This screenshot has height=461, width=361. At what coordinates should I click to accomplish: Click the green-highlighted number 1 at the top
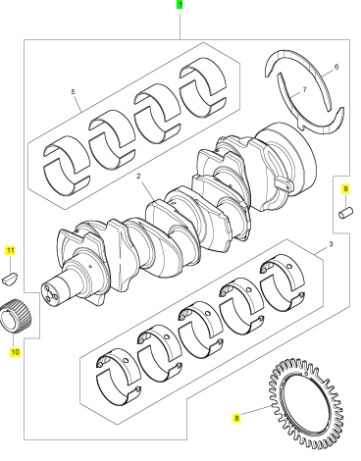tap(180, 5)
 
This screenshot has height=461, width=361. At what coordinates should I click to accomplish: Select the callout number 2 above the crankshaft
tap(139, 177)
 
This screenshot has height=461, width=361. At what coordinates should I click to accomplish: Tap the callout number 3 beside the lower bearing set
tap(331, 244)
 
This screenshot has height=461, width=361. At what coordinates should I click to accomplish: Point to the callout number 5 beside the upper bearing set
tap(73, 92)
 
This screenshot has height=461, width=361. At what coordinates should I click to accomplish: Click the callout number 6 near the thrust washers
tap(336, 67)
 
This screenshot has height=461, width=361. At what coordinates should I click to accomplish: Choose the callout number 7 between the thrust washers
tap(305, 89)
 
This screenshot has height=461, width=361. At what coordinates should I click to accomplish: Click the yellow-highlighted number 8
tap(236, 418)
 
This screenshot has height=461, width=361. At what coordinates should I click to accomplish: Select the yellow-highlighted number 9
tap(345, 188)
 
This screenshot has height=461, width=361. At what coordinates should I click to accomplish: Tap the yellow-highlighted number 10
tap(15, 352)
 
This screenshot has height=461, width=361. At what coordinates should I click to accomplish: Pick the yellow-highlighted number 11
tap(11, 251)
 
